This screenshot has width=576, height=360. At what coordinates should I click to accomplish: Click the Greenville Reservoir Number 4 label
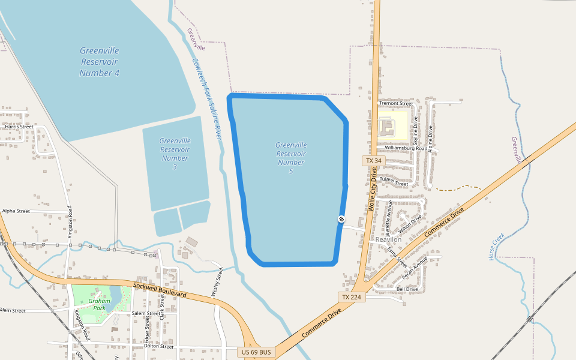tap(100, 62)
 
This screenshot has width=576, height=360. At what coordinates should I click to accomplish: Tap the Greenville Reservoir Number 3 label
tap(175, 154)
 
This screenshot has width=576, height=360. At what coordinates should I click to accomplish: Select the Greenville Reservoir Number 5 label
tap(291, 158)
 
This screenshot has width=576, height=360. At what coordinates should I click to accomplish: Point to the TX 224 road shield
tap(352, 297)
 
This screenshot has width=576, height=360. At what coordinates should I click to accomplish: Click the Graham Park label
tap(96, 304)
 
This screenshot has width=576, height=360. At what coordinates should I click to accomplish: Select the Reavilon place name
tap(388, 239)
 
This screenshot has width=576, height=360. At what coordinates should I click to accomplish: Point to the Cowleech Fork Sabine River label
tap(207, 99)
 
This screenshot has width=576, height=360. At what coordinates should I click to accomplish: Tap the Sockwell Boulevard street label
tap(161, 290)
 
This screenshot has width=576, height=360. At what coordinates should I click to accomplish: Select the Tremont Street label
tap(396, 104)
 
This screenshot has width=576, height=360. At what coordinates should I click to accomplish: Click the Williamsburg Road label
tap(406, 148)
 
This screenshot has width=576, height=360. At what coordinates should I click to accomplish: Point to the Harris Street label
tap(19, 127)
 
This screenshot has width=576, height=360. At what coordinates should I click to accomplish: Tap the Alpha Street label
tap(16, 211)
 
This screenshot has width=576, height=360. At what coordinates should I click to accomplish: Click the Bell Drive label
tap(407, 289)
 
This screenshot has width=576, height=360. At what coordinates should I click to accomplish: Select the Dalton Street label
tap(158, 346)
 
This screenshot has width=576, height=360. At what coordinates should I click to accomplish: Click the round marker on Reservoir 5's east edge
tap(341, 219)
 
